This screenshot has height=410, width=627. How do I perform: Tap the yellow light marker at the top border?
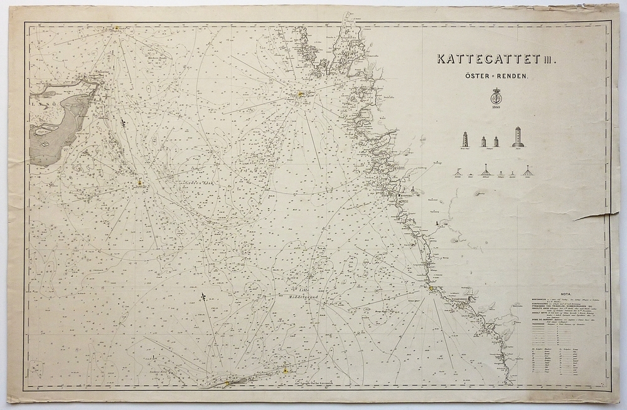[116, 28]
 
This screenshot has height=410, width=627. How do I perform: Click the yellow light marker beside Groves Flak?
[141, 184]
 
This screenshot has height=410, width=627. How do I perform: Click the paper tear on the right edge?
[596, 216]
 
